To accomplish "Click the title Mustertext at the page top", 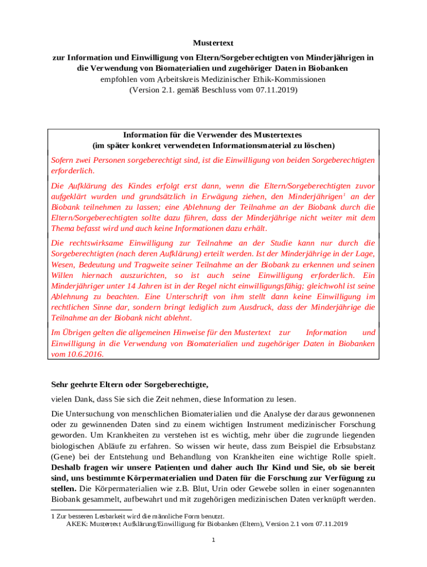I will (213, 43).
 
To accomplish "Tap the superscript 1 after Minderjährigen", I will (344, 194).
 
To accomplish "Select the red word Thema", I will (63, 228).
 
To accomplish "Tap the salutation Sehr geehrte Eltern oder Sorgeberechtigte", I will (130, 384).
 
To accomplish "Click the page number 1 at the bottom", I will (213, 541).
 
